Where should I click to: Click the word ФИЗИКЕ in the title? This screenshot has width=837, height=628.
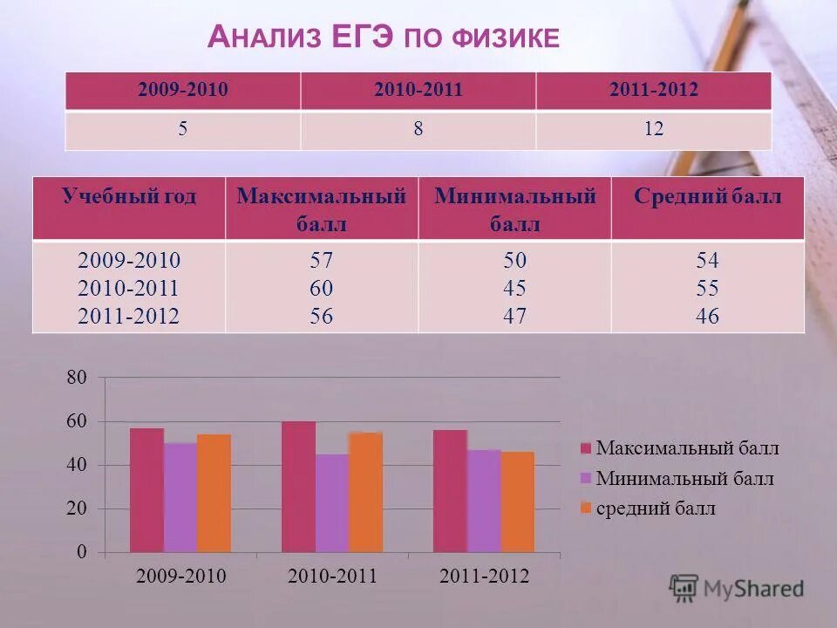click(x=505, y=38)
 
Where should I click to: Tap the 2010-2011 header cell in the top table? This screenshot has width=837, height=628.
click(x=418, y=91)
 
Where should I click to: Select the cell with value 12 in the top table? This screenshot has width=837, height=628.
click(x=654, y=130)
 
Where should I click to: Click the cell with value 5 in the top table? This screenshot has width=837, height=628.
click(x=183, y=130)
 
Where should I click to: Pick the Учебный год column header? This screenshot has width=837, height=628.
click(x=129, y=197)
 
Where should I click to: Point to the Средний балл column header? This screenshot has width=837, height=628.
click(x=707, y=197)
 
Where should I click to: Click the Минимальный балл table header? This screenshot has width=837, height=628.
click(x=514, y=209)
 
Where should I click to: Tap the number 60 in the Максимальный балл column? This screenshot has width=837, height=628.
click(x=322, y=288)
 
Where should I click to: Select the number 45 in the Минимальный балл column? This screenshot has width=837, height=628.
click(x=514, y=288)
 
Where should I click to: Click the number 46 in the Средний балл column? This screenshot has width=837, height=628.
click(x=707, y=316)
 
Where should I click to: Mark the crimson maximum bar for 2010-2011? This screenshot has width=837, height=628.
click(x=298, y=488)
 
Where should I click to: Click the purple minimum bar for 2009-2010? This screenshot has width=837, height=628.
click(x=180, y=498)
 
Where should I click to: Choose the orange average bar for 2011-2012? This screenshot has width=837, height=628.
click(x=517, y=502)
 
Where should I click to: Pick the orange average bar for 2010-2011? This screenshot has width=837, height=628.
click(x=365, y=493)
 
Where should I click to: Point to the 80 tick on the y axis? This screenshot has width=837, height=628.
click(x=76, y=379)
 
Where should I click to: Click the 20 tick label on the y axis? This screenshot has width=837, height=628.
click(x=76, y=509)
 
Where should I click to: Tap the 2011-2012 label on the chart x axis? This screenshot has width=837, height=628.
click(x=484, y=576)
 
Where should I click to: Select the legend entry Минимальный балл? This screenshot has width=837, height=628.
click(x=684, y=479)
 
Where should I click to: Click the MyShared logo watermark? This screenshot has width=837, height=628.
click(x=737, y=589)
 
